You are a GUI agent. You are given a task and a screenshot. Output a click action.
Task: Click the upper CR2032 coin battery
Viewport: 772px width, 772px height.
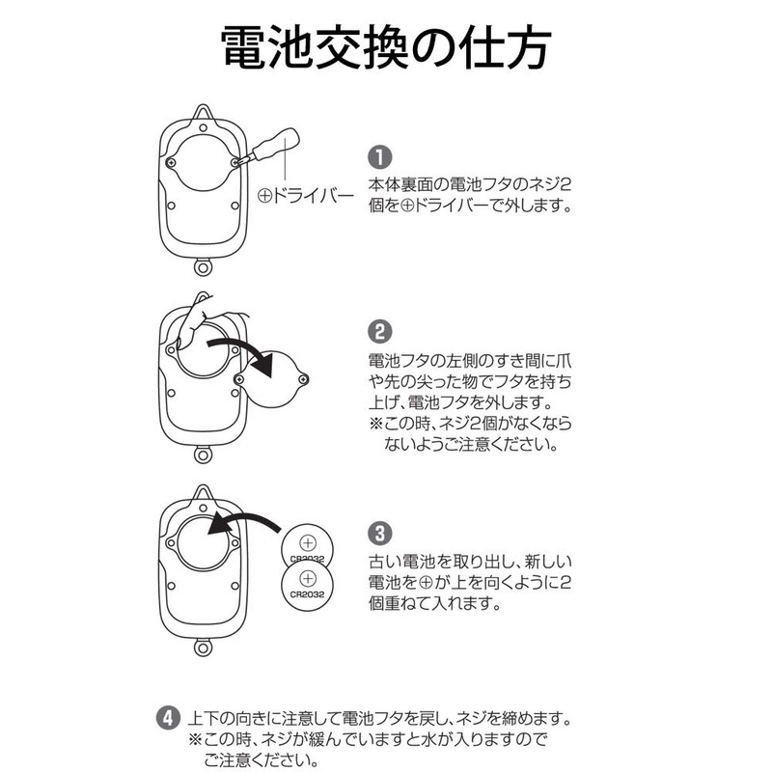point(307,546)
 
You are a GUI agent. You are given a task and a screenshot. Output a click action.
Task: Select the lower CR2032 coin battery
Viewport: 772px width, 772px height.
point(307,584)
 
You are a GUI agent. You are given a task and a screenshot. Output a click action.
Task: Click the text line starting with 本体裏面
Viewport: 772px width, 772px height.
point(464,184)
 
